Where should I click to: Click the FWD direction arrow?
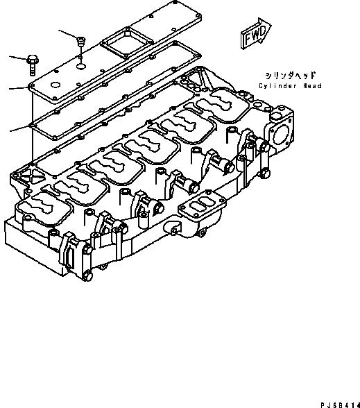click(x=256, y=33)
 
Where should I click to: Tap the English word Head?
click(x=312, y=86)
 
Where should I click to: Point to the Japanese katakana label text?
click(x=290, y=76)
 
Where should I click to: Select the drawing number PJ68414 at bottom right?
click(x=340, y=405)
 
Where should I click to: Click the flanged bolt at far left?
click(x=32, y=65)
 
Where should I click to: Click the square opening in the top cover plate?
click(x=127, y=42)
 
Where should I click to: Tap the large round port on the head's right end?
click(x=282, y=135)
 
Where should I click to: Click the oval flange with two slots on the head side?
click(x=202, y=205)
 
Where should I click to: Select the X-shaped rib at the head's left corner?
click(x=31, y=177)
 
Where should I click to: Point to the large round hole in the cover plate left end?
click(x=55, y=85)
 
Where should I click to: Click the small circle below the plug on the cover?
click(x=81, y=67)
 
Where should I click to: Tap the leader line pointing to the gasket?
click(x=20, y=128)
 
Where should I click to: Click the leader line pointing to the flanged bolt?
click(x=19, y=58)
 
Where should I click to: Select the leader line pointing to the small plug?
click(x=68, y=35)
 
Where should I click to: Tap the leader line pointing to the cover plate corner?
click(x=19, y=88)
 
